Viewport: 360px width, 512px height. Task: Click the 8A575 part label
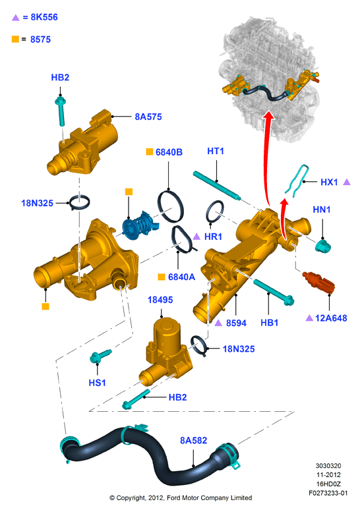pos(148,117)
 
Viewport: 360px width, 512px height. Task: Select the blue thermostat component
pos(140,225)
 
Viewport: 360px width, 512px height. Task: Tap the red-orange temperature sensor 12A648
pos(318,281)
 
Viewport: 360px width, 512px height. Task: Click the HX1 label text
pos(329,183)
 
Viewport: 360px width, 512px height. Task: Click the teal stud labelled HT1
pos(217,185)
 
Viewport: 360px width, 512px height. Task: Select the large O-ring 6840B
pos(170,206)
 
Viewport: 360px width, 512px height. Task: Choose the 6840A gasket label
pos(181,277)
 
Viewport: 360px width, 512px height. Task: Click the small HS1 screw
pos(101,356)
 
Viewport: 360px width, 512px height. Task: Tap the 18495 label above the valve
pos(160,300)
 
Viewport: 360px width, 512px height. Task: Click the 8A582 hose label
pos(193,440)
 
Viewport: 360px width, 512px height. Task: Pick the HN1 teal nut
pos(323,246)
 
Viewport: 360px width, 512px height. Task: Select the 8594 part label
pos(236,323)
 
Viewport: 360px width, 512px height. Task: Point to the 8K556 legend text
pos(44,17)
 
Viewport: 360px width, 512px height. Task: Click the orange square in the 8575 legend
pos(15,39)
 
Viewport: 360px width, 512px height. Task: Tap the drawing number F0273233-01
pos(328,493)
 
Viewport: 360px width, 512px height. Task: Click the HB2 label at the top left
pos(60,77)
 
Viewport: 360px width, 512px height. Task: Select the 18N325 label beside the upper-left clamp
pos(37,203)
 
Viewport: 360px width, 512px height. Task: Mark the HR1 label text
pos(213,237)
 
